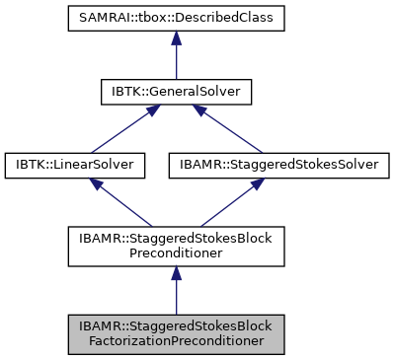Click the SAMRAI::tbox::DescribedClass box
(x=175, y=19)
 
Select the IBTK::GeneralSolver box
(x=175, y=92)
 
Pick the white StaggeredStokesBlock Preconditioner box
(x=175, y=246)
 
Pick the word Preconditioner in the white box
(x=175, y=252)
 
